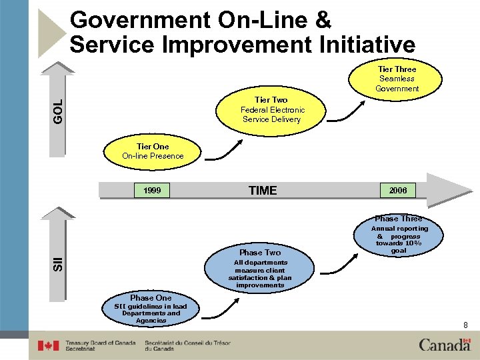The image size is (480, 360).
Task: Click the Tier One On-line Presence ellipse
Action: coord(152,151)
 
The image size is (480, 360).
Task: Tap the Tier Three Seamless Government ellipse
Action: coord(397,79)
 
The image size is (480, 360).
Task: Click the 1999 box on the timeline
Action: coord(152,191)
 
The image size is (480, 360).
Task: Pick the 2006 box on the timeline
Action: coord(398,191)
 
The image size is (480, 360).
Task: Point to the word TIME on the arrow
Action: coord(262,191)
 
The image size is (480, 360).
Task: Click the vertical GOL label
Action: coord(59,110)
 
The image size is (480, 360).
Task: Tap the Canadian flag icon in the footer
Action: coord(48,345)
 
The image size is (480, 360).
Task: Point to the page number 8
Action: coord(465,325)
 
